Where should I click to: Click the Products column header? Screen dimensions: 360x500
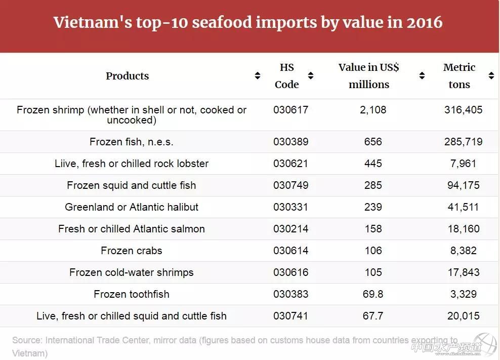[x=127, y=76]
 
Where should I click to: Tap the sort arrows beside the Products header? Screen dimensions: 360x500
[x=258, y=76]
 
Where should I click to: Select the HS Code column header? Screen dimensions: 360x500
[x=287, y=76]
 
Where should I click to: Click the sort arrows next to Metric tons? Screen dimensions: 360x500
[x=491, y=76]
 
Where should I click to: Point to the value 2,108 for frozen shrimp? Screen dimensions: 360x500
[x=373, y=110]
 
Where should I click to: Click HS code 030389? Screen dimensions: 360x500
[x=290, y=142]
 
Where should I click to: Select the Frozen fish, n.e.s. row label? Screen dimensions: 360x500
[x=132, y=142]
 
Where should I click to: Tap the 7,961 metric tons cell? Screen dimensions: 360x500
[x=462, y=164]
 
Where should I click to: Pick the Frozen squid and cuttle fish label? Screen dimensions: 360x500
[x=132, y=185]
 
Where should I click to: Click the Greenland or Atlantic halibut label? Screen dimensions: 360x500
[x=132, y=207]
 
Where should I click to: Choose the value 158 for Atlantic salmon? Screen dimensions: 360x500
[x=373, y=229]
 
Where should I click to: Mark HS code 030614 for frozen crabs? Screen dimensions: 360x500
[x=290, y=251]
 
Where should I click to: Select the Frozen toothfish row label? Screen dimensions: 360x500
[x=132, y=294]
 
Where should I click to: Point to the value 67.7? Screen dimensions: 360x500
[x=373, y=316]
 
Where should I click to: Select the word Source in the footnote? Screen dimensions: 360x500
[x=26, y=340]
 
